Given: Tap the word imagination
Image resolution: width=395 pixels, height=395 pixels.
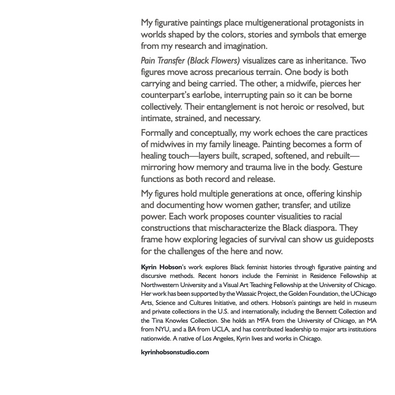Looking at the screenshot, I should coord(245,46).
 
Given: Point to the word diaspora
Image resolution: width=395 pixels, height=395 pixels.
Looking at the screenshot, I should coord(320,228).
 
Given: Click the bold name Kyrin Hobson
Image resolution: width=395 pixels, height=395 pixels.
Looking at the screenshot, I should coord(161,267).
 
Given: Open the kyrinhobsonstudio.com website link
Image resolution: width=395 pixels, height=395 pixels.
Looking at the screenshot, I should coord(175,352).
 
